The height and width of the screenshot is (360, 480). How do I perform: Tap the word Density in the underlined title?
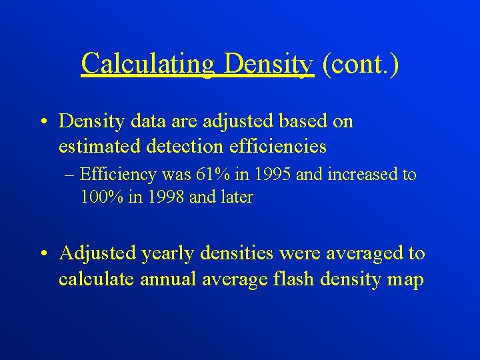pos(269,65)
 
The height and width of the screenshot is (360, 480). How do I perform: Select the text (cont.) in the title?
pos(359,65)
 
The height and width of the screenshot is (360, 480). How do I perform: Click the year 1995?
pos(271,175)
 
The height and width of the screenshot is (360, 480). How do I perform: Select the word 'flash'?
pos(293,279)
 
